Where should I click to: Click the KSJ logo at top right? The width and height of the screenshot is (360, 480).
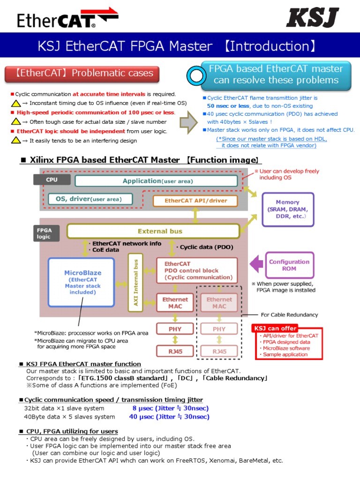312,18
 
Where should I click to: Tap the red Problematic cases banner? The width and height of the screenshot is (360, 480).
82,73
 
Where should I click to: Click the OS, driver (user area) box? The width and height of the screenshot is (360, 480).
90,199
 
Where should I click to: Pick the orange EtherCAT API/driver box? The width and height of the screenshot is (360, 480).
195,201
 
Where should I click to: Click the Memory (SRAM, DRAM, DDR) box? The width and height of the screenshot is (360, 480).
287,210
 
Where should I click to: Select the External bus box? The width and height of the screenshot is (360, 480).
153,231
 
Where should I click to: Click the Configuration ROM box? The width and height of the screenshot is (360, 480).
289,265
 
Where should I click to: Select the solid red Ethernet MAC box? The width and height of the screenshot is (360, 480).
175,303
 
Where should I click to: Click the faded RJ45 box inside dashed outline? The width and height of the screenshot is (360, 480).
219,351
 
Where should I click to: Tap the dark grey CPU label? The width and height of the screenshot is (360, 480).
52,180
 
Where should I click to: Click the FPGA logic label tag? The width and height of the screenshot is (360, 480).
46,233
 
